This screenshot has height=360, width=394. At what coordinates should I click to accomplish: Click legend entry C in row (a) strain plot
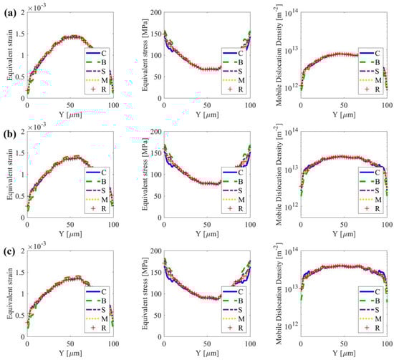click(x=103, y=51)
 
